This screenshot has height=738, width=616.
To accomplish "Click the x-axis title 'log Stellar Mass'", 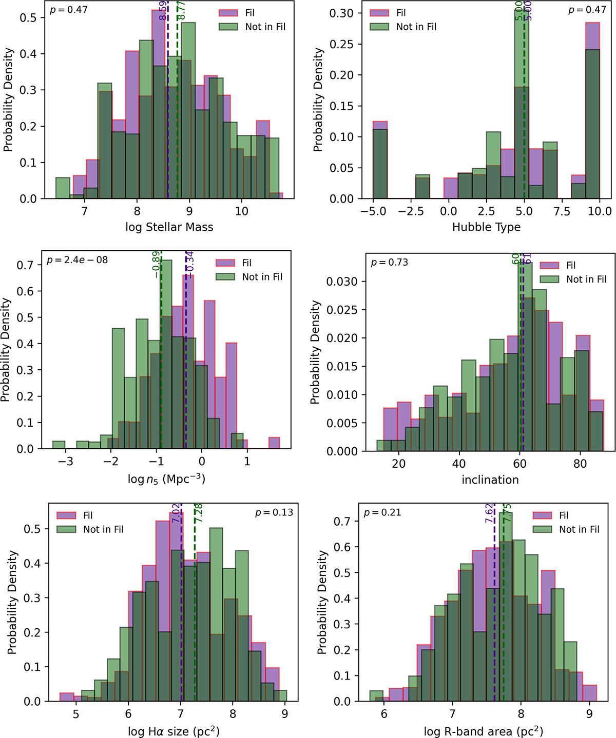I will tap(169, 227).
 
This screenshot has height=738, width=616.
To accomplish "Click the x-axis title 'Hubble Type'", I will tap(486, 227).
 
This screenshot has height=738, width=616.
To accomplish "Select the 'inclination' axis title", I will tap(490, 480).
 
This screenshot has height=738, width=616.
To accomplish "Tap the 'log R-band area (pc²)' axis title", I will tap(483, 731).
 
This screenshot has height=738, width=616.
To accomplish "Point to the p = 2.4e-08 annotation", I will tap(77, 260).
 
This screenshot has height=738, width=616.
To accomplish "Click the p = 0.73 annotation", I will tap(389, 263).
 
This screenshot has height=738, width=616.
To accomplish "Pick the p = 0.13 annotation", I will tap(274, 512).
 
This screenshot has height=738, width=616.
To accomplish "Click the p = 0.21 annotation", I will tap(382, 512).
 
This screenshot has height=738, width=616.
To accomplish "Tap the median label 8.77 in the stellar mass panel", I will tap(181, 10).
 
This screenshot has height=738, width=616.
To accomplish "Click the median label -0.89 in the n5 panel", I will tap(156, 264).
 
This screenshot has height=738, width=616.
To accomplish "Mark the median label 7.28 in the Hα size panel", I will tap(198, 513).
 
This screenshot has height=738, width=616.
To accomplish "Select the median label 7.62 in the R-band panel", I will tap(489, 513).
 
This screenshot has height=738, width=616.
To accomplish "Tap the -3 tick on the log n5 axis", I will tap(65, 462).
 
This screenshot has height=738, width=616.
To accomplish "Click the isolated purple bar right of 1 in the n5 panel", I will tap(274, 443).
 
